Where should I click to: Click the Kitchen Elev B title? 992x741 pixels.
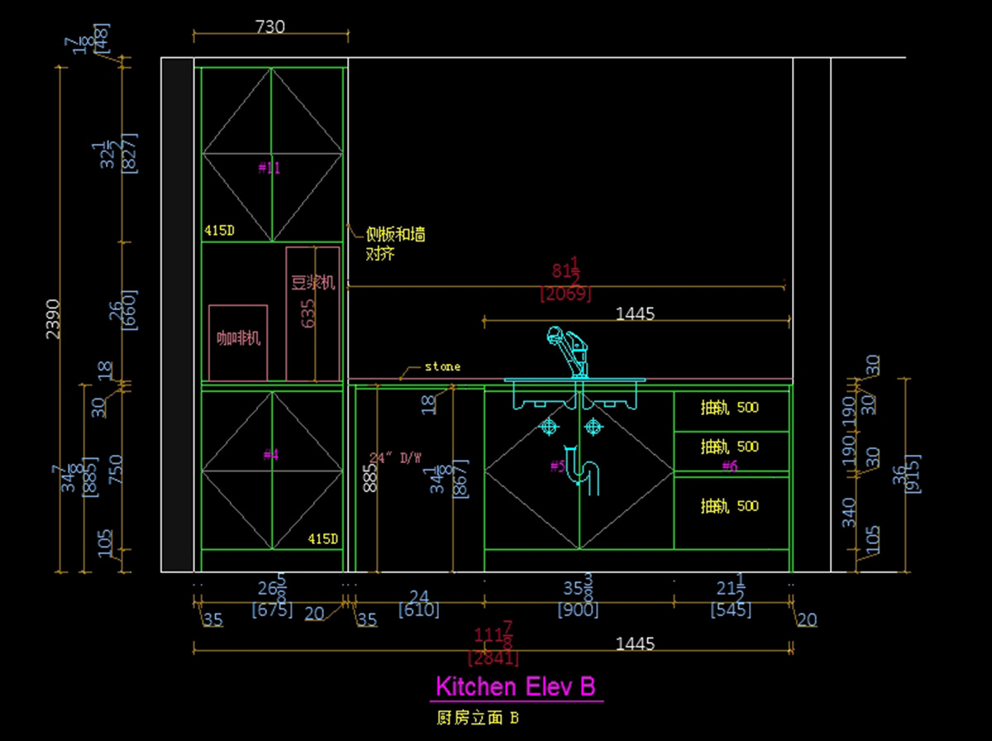(515, 686)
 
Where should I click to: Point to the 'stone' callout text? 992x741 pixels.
(442, 366)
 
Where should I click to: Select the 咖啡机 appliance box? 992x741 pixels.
(238, 342)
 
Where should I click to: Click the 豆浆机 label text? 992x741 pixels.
(313, 283)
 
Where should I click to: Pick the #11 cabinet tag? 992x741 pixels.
(269, 168)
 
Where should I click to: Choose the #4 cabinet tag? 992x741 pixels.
(271, 455)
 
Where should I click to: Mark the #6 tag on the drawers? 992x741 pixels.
(729, 466)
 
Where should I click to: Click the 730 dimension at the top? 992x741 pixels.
(269, 27)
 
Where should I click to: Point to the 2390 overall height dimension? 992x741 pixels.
(52, 318)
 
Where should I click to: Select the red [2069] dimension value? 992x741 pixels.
(565, 294)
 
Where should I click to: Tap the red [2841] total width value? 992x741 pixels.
(494, 658)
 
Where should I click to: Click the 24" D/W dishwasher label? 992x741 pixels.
(395, 457)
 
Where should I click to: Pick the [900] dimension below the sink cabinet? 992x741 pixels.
(579, 611)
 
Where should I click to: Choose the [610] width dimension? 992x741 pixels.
(418, 611)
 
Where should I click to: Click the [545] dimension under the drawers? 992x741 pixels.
(731, 611)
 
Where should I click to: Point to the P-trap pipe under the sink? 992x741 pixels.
(588, 476)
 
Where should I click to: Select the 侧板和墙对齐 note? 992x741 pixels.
(395, 244)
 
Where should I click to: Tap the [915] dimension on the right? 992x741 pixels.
(913, 474)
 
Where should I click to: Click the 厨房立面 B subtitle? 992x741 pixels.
(477, 718)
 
